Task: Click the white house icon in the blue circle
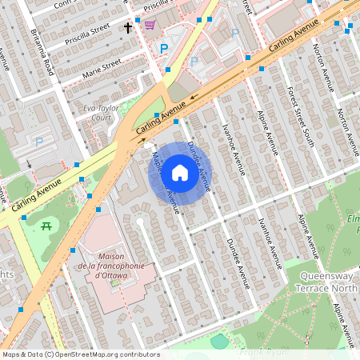coord(180,173)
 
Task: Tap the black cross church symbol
coord(127,28)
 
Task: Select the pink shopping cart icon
coord(150,25)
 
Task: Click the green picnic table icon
coord(46,226)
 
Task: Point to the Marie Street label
coord(101,66)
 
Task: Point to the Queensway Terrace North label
coord(326,282)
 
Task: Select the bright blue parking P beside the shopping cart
coord(165,49)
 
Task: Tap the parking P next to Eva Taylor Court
coord(38,142)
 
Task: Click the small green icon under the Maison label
coord(114,282)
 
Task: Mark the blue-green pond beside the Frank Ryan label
coord(219,342)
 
